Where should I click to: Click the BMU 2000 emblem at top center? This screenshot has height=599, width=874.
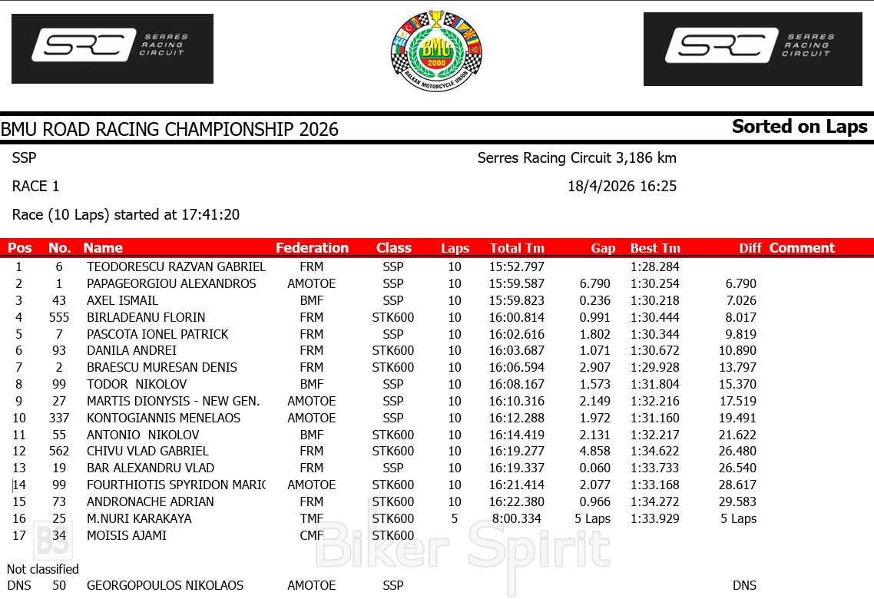(x=436, y=51)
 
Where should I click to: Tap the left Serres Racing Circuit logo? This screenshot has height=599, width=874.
(x=112, y=48)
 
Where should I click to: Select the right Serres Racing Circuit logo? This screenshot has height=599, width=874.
(x=752, y=48)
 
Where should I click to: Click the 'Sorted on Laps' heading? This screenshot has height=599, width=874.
(x=800, y=127)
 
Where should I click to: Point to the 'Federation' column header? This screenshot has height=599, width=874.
(x=312, y=248)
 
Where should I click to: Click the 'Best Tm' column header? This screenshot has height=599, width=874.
(x=655, y=248)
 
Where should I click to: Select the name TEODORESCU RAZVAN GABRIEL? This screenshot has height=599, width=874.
(x=176, y=267)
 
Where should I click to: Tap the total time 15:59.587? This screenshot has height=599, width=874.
(x=516, y=284)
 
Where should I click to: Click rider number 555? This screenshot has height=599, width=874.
(x=58, y=317)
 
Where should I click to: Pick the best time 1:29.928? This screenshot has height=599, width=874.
(x=655, y=368)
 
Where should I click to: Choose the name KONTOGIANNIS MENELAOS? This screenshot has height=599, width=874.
(x=164, y=418)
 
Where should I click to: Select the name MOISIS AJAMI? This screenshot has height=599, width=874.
(x=127, y=535)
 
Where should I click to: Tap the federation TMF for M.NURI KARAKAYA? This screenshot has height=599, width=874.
(x=311, y=518)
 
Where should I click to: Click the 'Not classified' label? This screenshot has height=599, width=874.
(x=43, y=569)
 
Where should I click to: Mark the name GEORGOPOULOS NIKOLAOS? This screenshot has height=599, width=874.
(x=165, y=585)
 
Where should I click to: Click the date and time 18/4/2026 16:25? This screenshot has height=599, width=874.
(x=622, y=187)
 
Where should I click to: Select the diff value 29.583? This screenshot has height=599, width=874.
(x=741, y=501)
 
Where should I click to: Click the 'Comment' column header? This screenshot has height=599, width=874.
(x=802, y=248)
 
